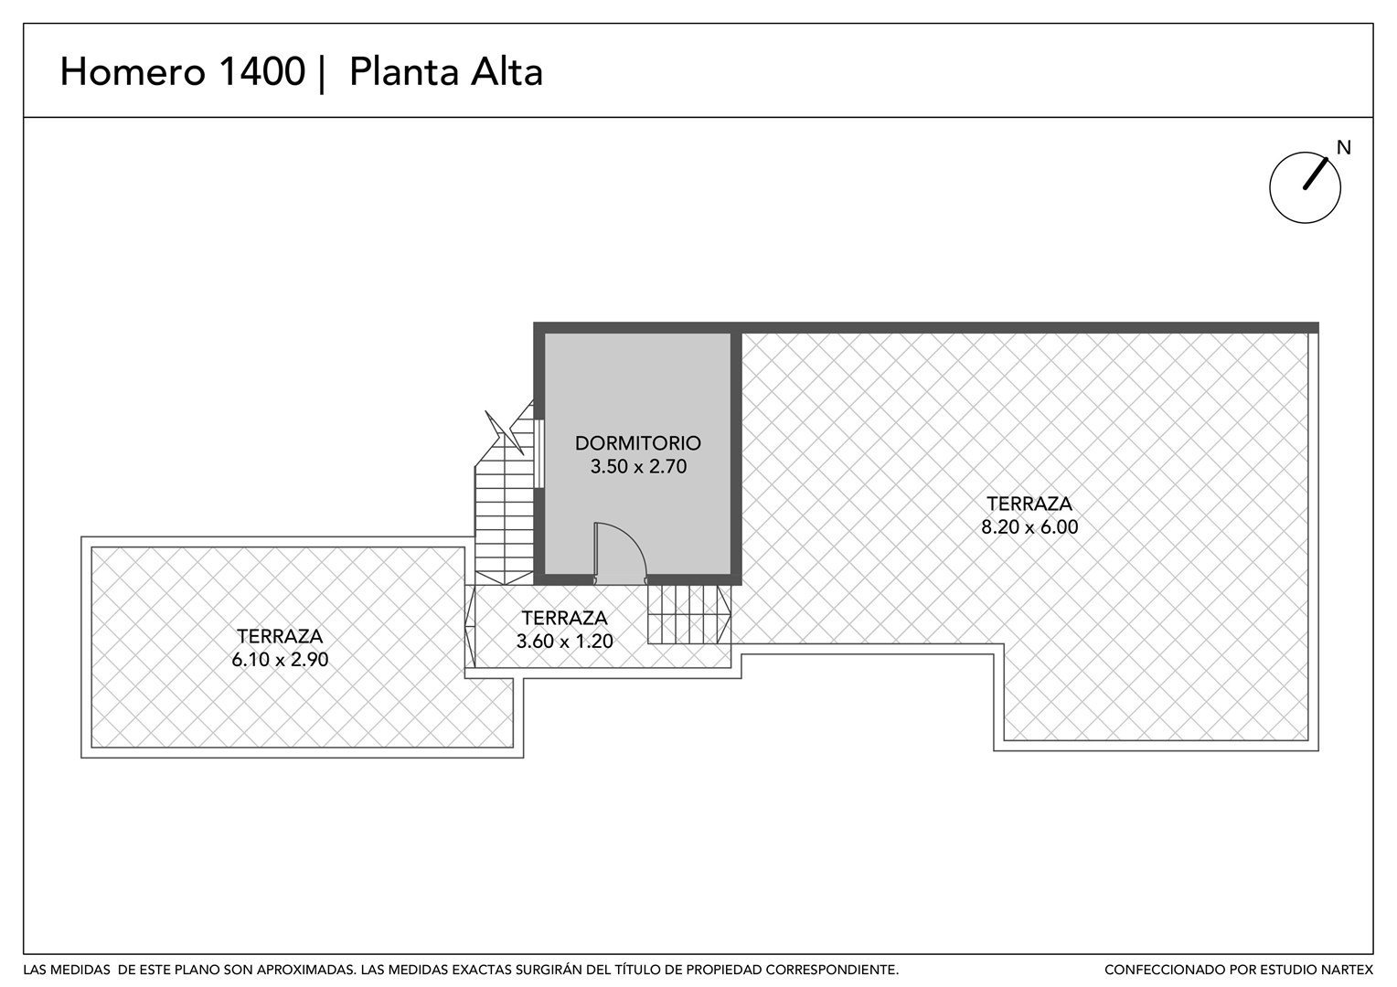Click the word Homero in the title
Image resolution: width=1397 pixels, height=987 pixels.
[133, 71]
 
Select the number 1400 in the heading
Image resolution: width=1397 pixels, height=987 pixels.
[262, 71]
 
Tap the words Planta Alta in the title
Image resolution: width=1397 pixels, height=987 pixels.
[446, 71]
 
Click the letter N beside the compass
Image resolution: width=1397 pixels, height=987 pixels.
[1343, 148]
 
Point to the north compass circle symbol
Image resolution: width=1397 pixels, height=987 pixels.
[1270, 187]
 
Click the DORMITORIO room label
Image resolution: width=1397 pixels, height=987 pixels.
[638, 443]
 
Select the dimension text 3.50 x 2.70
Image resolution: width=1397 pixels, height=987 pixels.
[638, 466]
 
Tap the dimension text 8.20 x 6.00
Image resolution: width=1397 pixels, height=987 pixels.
[1029, 527]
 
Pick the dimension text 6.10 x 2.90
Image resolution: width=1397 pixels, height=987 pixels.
[280, 660]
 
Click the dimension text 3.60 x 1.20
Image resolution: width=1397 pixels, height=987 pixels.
[564, 641]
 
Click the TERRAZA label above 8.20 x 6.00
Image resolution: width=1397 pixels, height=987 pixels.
[1029, 504]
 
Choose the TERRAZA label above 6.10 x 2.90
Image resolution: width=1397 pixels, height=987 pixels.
[280, 636]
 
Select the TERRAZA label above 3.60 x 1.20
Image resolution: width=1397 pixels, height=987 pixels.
[564, 617]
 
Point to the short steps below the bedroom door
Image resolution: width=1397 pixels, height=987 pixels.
[688, 614]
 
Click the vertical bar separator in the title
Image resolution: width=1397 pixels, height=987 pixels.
[322, 73]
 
